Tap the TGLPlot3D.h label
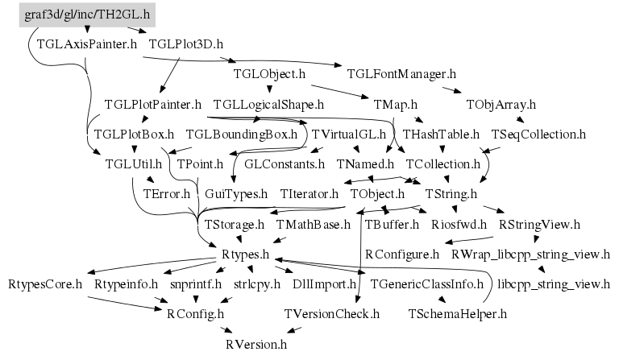pos(186,44)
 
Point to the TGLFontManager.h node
pos(401,74)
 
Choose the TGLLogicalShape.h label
pos(268,104)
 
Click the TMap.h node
pos(396,104)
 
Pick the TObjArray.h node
pos(501,104)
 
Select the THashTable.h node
pos(441,134)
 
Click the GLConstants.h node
pos(284,163)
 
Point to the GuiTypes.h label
pos(236,193)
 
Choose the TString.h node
pos(446,193)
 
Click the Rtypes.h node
pos(244,254)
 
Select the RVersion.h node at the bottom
pos(255,344)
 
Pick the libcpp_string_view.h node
pos(554,284)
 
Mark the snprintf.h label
pos(193,284)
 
